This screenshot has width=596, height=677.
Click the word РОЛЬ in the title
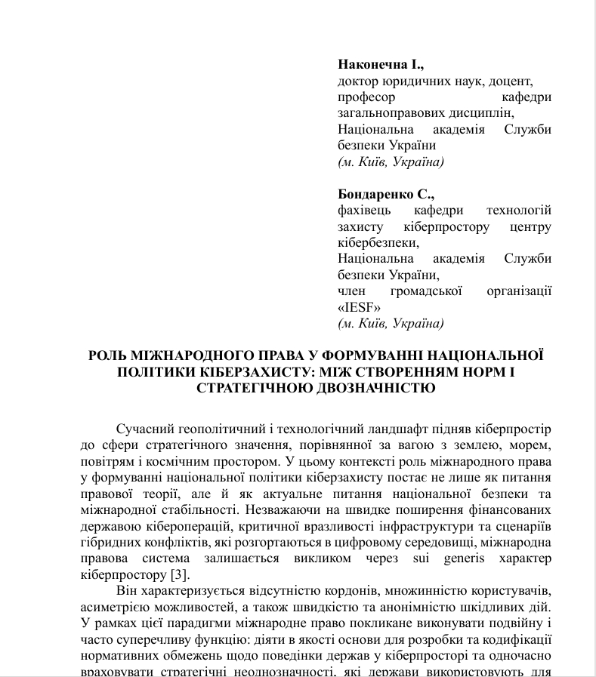point(107,355)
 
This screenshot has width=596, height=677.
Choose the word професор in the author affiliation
point(366,97)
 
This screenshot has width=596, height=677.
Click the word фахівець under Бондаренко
point(364,210)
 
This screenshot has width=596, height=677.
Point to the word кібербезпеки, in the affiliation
point(378,242)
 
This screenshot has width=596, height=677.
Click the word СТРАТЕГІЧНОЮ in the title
point(249,389)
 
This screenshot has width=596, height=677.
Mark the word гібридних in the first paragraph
point(105,543)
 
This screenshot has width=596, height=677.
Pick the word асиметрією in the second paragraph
point(110,608)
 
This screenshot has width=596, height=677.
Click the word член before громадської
point(351,291)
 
